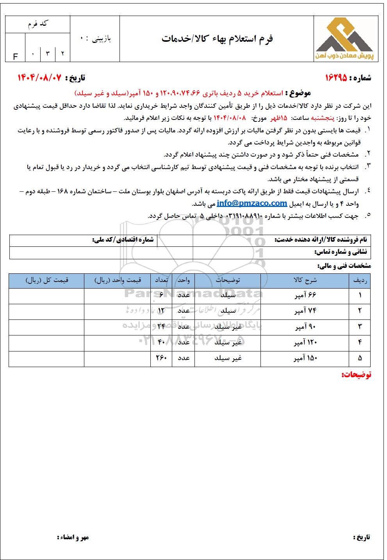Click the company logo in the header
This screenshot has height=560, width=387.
pos(343,39)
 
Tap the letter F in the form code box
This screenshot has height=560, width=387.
pos(16,57)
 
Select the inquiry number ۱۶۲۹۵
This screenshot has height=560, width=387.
pos(341,78)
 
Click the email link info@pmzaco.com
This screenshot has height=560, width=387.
pos(251,203)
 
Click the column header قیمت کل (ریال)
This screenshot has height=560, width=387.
pos(47,280)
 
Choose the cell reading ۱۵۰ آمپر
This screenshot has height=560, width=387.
pos(305,358)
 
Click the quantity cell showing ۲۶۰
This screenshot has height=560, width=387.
pos(161,358)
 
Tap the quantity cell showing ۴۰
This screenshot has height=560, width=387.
pos(161,342)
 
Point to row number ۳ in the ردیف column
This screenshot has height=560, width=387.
pos(360,326)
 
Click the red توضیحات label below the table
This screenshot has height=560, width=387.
pos(356,375)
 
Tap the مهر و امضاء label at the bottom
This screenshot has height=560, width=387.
pos(73,537)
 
